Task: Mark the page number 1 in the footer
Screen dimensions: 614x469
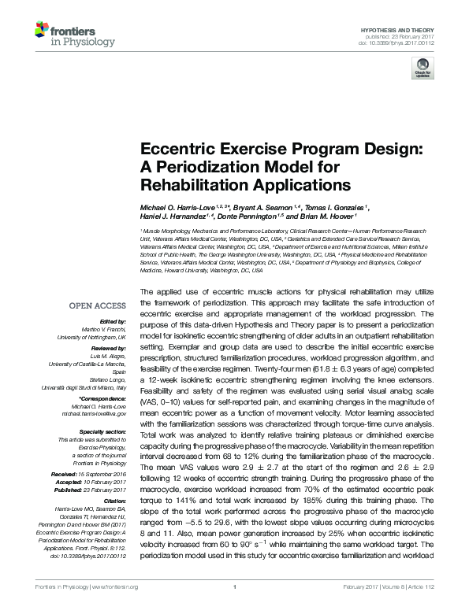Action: tap(235, 608)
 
